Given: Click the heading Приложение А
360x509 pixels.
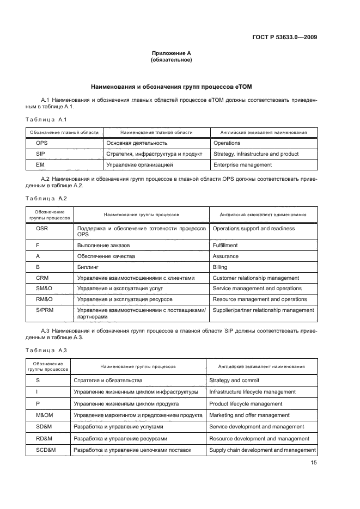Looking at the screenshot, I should [171, 53].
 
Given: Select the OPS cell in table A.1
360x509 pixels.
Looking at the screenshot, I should [42, 143].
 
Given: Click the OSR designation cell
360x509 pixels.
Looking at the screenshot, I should [42, 229].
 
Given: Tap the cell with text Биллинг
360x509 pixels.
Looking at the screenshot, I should [87, 267].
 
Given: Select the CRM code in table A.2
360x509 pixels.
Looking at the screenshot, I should [42, 278].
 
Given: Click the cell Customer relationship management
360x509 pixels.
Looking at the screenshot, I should [255, 278].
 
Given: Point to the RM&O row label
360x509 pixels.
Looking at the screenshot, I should [44, 299].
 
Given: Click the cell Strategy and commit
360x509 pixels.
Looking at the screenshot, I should [234, 381].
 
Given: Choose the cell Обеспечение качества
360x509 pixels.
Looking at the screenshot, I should [106, 256].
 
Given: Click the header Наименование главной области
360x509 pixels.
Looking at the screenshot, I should [156, 132].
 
